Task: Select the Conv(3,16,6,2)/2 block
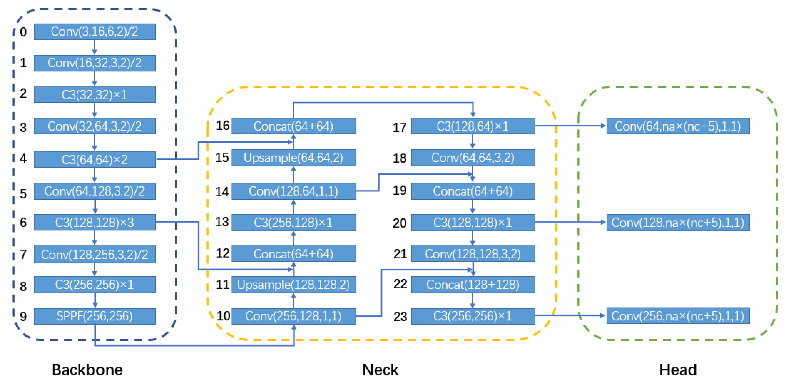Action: pos(94,32)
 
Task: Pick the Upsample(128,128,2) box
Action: pos(293,284)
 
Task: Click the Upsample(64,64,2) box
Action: pos(293,158)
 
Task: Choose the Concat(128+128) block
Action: pos(473,284)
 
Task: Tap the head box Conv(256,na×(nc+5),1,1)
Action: pos(678,316)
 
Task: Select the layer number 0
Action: pos(23,32)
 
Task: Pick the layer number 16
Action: pos(222,125)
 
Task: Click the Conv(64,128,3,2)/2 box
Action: pos(94,191)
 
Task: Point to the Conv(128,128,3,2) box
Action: pos(473,254)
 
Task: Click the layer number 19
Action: pos(399,190)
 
